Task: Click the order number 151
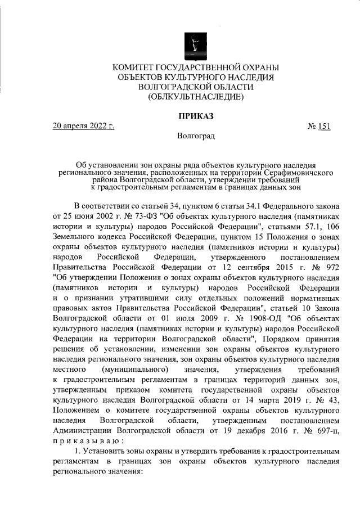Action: [x=323, y=126]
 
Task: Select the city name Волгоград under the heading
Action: [x=195, y=136]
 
